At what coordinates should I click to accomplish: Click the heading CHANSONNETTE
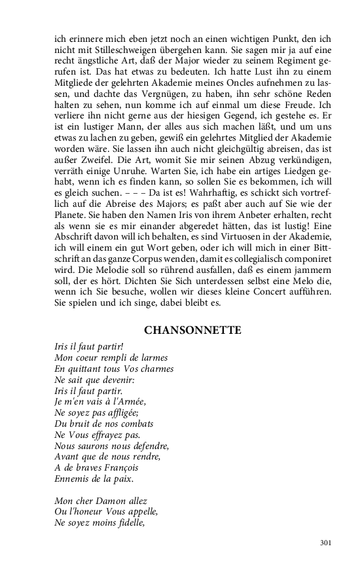[192, 331]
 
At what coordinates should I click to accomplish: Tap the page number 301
[327, 543]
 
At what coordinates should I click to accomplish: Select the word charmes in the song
[155, 369]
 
